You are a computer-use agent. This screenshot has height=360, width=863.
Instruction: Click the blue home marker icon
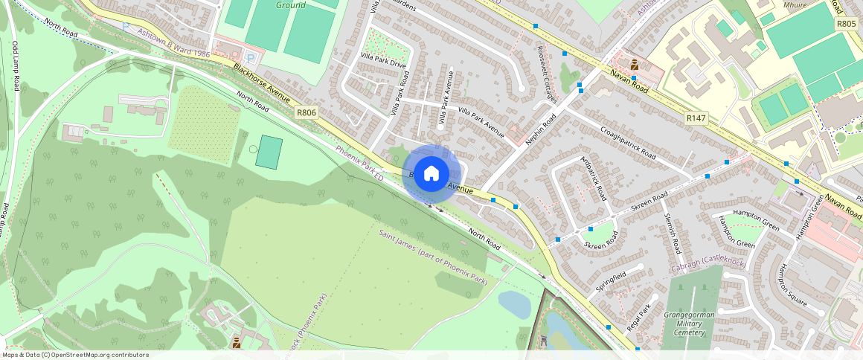[x=431, y=174]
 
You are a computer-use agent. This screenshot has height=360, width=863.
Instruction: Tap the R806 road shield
[x=306, y=112]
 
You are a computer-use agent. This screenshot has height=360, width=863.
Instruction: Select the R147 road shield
[x=696, y=118]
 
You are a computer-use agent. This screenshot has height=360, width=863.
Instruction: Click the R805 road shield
[x=846, y=24]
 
